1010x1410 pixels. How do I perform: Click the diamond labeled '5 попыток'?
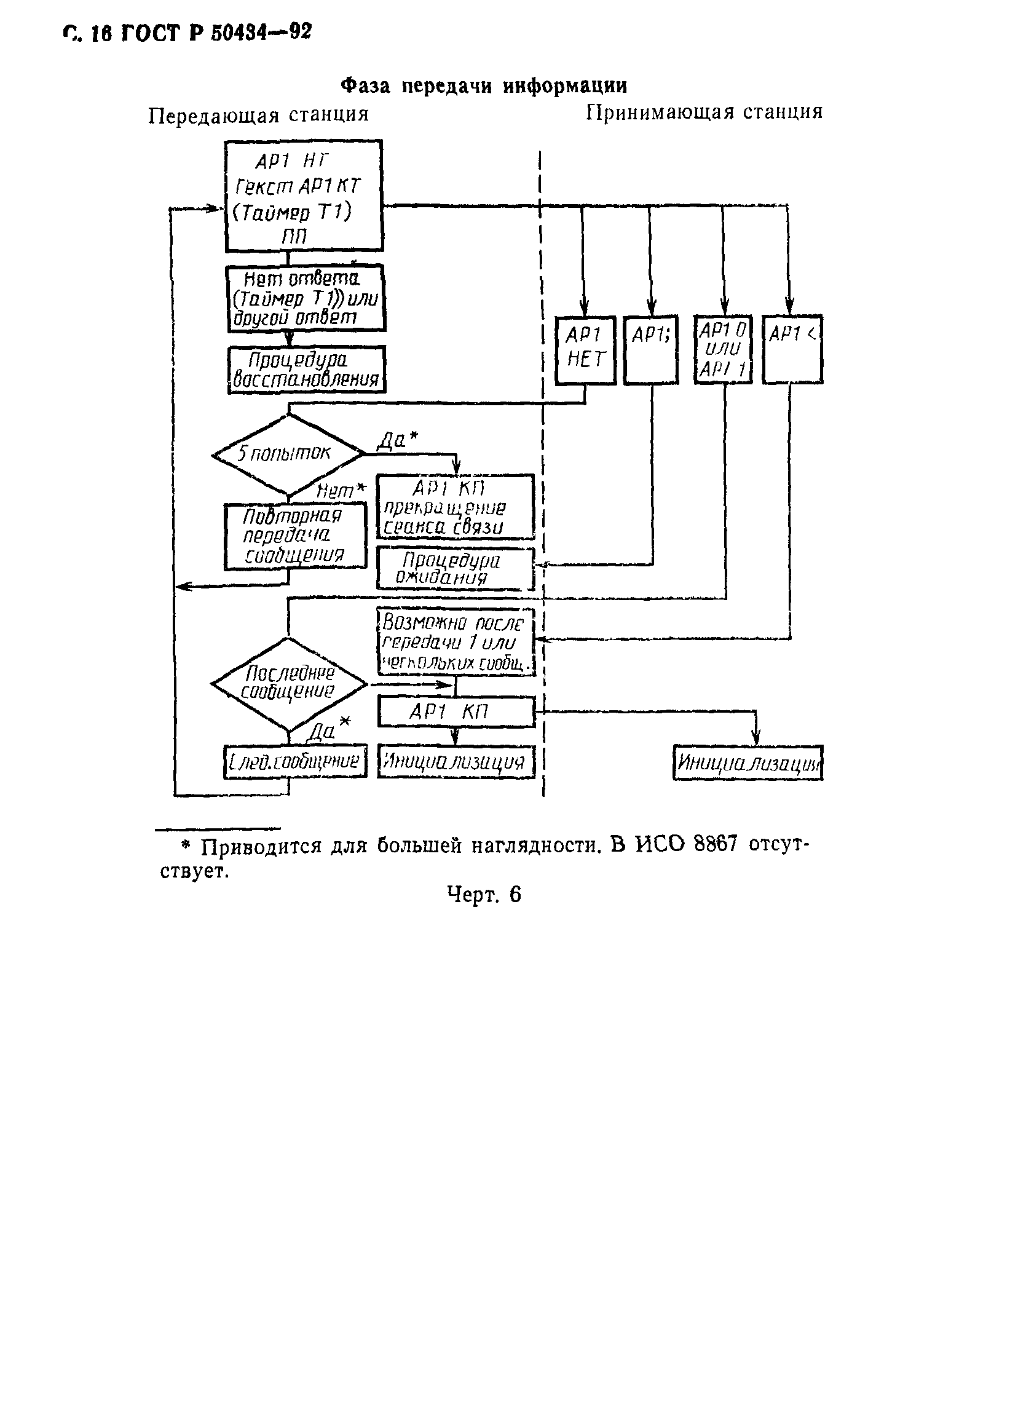tap(287, 454)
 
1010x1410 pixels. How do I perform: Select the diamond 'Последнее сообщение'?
tap(288, 683)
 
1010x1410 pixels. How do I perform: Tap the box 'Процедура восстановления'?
tap(306, 370)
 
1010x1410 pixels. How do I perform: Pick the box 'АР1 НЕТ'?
tap(585, 350)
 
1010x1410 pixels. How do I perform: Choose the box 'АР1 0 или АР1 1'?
tap(722, 350)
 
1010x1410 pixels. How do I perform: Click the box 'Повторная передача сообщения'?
tap(294, 537)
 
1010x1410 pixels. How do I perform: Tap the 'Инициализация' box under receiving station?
tap(748, 762)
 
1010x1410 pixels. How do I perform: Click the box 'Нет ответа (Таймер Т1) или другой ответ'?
tap(305, 298)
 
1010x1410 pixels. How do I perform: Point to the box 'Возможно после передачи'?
tap(456, 641)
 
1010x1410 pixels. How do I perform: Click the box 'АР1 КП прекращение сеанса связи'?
tap(454, 507)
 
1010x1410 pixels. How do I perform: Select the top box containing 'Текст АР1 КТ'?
tap(302, 196)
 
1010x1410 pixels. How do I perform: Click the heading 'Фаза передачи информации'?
tap(484, 85)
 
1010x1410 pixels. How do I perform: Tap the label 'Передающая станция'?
tap(258, 115)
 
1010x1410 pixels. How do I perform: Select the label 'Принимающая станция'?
tap(704, 112)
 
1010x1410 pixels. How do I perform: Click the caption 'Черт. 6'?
tap(484, 895)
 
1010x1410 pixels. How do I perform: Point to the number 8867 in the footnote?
tap(715, 845)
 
